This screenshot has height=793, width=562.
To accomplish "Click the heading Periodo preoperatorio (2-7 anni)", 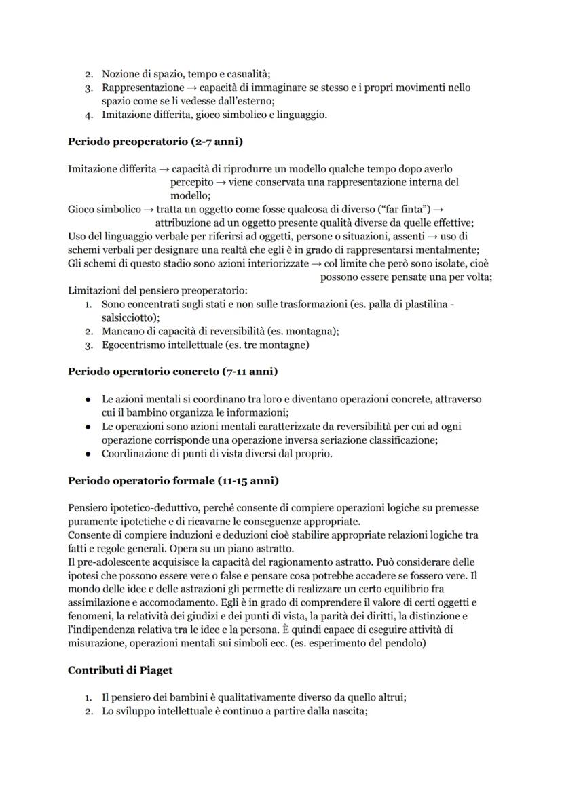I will (155, 142).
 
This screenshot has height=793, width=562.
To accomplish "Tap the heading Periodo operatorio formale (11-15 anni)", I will (173, 480).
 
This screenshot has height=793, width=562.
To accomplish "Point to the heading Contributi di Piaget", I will (120, 670).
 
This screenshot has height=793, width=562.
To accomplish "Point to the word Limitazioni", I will (93, 290).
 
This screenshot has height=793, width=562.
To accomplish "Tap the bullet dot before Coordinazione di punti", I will (88, 453).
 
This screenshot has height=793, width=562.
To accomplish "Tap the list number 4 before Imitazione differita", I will (89, 115).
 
